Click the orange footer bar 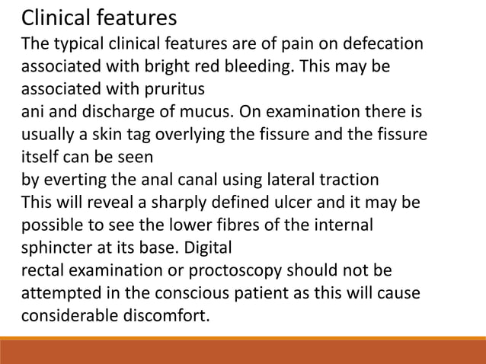point(243,350)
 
